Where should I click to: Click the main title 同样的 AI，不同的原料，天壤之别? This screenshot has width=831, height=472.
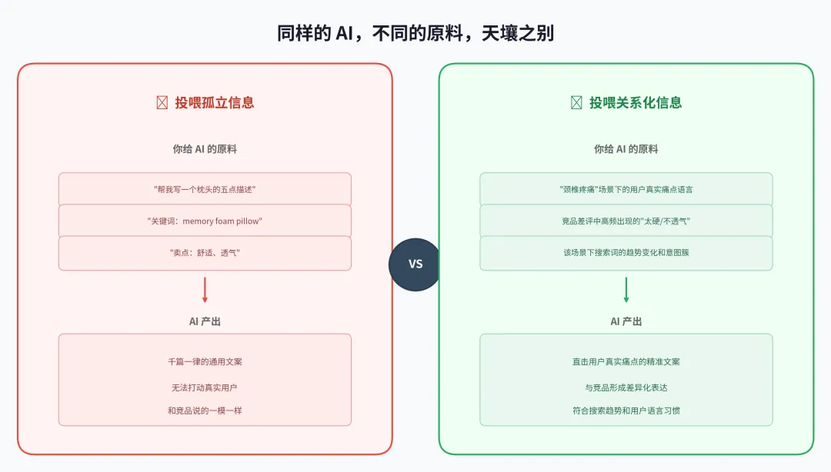tap(415, 33)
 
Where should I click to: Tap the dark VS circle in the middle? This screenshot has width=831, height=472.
tap(415, 264)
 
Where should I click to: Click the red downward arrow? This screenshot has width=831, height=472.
tap(205, 290)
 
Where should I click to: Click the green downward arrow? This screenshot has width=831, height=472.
tap(626, 290)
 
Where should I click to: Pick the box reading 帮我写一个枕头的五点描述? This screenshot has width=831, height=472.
tap(205, 189)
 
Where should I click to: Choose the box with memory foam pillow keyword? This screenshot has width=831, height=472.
tap(205, 221)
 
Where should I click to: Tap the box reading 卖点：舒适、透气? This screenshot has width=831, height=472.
tap(205, 253)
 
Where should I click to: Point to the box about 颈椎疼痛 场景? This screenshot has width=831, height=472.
tap(626, 189)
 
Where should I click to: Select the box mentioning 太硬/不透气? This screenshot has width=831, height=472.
tap(626, 221)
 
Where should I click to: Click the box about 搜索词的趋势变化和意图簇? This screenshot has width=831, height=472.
tap(626, 253)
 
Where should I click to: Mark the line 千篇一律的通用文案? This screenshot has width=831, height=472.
tap(205, 361)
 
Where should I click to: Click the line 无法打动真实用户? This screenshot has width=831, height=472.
tap(205, 387)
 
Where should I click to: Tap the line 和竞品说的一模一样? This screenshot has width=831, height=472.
tap(205, 411)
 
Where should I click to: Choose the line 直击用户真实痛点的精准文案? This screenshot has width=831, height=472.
tap(626, 361)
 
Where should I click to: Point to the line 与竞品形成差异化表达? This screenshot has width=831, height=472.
tap(626, 387)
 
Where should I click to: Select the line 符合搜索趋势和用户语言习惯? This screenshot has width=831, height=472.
tap(626, 411)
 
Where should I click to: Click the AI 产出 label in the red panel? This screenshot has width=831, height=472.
tap(205, 321)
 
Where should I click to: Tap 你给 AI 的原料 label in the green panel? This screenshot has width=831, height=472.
tap(626, 149)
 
